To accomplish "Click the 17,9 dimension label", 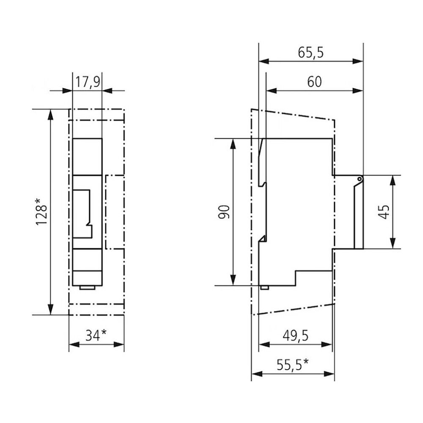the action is pos(88,82).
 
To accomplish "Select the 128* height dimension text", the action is pos(41,212).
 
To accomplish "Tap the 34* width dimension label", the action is pos(96,335).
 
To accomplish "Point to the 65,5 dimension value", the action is pos(310,52).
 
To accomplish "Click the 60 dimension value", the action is pos(315,82).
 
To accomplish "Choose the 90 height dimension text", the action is pos(224,212).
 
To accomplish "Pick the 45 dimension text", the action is pos(384,212).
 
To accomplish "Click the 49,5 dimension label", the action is pos(295,336).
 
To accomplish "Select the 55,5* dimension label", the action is pos(293,365).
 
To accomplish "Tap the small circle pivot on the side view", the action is pos(360,179).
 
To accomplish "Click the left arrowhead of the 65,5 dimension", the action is pos(264,61).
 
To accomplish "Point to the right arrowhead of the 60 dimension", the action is pos(358,91).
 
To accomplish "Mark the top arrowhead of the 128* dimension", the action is pos(50,114).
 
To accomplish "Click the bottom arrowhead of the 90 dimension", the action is pos(233,280).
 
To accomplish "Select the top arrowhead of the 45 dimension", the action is pos(393,181).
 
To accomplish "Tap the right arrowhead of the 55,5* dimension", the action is pos(329,374).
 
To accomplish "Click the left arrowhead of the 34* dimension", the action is pos(74,344).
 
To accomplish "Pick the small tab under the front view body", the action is pos(87,288).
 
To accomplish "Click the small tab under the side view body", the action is pos(264,288).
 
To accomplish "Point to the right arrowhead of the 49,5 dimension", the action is pos(327,344).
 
